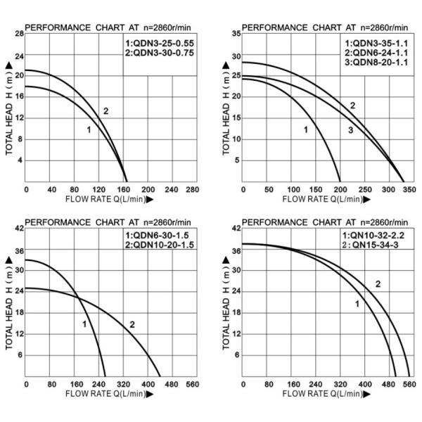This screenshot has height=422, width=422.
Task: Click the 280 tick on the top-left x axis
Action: tap(191, 190)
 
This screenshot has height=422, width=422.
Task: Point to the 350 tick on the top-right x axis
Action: tap(407, 190)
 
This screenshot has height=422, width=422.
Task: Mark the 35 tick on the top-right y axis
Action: tap(236, 34)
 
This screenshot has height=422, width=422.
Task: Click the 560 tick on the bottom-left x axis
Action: tap(191, 385)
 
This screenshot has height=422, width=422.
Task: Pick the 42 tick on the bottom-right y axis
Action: tap(236, 229)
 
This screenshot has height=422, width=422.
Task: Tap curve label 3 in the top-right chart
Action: tap(350, 131)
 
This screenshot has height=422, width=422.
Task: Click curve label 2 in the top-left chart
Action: tap(105, 111)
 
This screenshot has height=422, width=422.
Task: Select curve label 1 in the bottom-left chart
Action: tap(84, 324)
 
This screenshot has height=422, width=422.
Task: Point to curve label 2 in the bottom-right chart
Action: tap(378, 284)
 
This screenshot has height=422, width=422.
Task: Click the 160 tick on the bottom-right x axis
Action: tap(292, 385)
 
